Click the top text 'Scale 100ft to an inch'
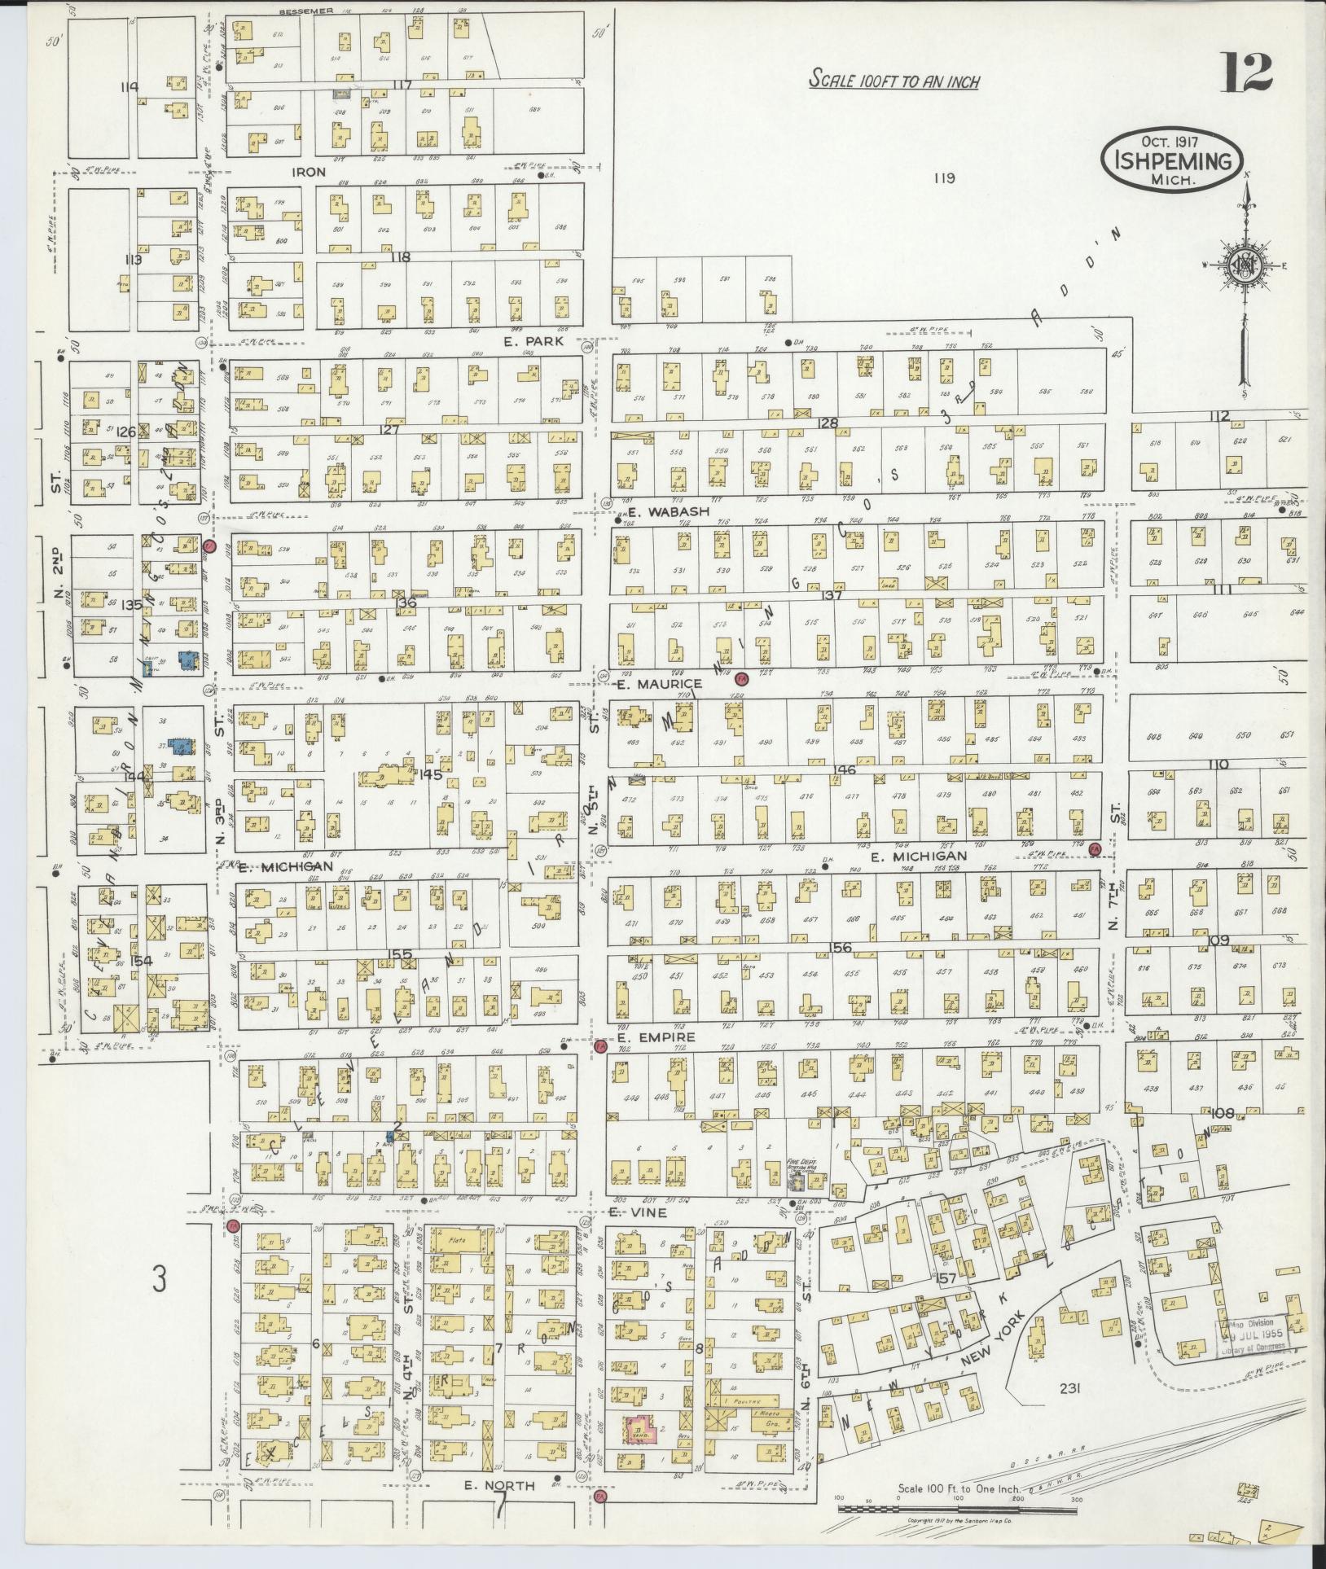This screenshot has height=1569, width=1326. [x=894, y=81]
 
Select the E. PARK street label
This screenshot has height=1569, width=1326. [x=533, y=342]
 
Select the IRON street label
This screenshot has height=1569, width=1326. [x=310, y=172]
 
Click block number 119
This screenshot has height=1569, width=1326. [x=944, y=178]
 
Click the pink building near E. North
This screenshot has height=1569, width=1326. [x=643, y=1430]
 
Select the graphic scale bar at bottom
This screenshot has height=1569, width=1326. [x=961, y=1508]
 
